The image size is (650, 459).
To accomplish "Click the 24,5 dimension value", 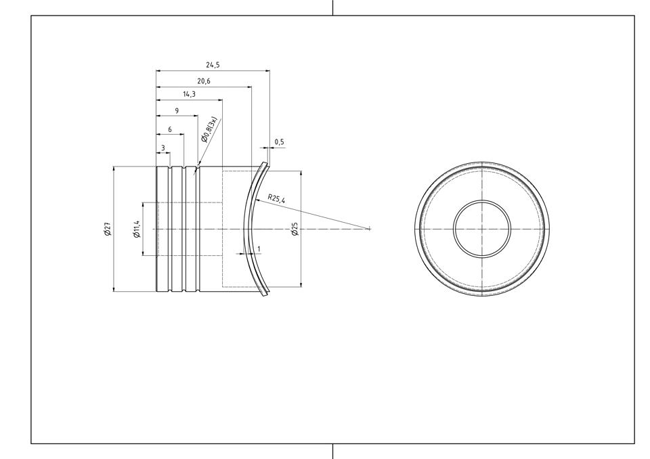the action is click(x=213, y=65).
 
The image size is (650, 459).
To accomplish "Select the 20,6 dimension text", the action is click(x=204, y=81).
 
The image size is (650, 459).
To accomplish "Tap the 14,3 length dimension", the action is click(x=189, y=94).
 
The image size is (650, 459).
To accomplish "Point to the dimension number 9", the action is click(x=177, y=111).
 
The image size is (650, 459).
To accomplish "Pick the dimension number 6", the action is click(x=170, y=130).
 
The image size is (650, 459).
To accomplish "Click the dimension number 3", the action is click(x=163, y=148).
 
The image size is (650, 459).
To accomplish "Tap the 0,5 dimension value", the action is click(x=280, y=141).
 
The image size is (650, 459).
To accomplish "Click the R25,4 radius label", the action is click(x=276, y=198).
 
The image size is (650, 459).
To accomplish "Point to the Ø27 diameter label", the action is click(x=108, y=229).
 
